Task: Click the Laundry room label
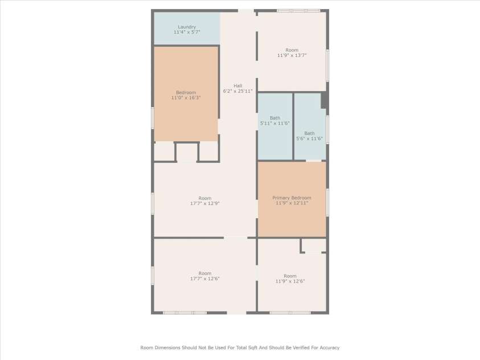[187, 27]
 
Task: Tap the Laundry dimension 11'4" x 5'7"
[187, 32]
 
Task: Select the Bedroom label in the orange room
[186, 92]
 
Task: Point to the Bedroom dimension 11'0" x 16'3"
[186, 98]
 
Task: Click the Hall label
[237, 86]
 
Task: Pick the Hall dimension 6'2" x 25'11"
[237, 91]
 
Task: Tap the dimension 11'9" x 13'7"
[292, 56]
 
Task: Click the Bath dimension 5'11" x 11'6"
[275, 124]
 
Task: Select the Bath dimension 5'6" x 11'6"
[309, 138]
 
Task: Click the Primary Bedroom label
[292, 198]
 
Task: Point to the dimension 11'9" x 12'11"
[292, 203]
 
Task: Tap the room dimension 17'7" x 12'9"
[205, 203]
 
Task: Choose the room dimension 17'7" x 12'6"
[205, 279]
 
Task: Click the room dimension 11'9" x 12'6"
[290, 281]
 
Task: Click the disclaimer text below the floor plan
[240, 347]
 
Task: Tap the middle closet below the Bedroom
[186, 152]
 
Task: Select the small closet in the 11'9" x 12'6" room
[314, 246]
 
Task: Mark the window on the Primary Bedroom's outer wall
[327, 202]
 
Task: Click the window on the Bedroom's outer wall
[153, 118]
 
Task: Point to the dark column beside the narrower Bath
[323, 100]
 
